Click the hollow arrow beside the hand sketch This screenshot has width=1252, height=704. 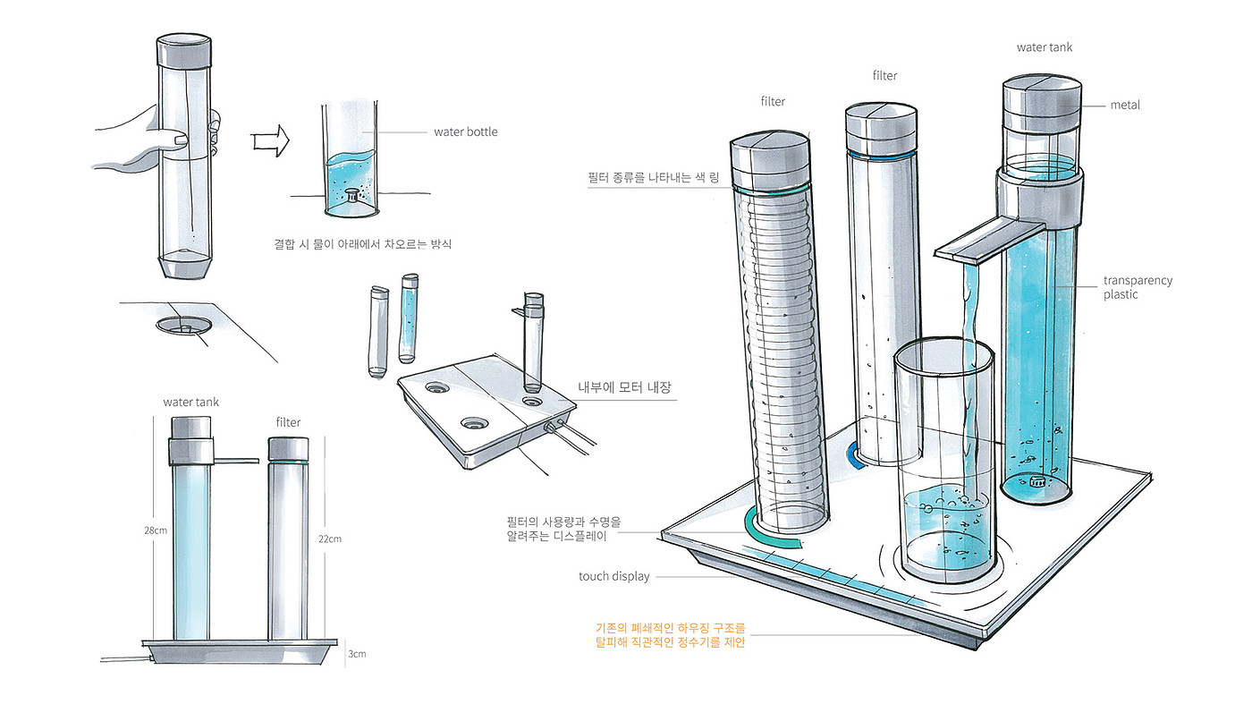271,140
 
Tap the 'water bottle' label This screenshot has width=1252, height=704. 466,132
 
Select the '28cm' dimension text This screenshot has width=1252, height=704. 156,530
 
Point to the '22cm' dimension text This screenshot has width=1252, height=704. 330,539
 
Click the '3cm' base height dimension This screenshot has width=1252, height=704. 357,653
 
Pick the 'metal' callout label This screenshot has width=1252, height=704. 1125,105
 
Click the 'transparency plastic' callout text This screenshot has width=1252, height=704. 1138,287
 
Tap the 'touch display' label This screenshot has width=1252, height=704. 613,576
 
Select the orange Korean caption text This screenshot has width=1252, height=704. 670,635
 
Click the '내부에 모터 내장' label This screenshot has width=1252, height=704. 624,387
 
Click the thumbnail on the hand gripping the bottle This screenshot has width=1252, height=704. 180,140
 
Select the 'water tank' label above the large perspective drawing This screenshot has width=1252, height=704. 1045,47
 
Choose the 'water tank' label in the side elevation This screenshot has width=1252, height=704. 190,402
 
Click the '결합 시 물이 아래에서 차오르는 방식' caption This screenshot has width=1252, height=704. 362,244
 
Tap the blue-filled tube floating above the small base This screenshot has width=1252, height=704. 409,318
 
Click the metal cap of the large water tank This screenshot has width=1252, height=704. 1042,104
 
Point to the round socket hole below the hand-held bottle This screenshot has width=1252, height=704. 184,326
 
